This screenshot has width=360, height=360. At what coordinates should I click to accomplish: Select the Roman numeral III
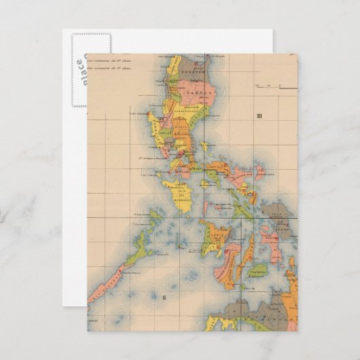(259, 116)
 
